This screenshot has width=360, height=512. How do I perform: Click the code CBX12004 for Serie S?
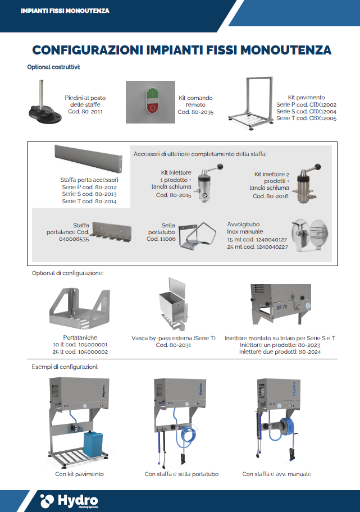(x=321, y=111)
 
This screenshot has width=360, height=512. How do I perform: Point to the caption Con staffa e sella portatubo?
(x=181, y=474)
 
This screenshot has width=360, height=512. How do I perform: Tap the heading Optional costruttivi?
(x=53, y=67)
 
